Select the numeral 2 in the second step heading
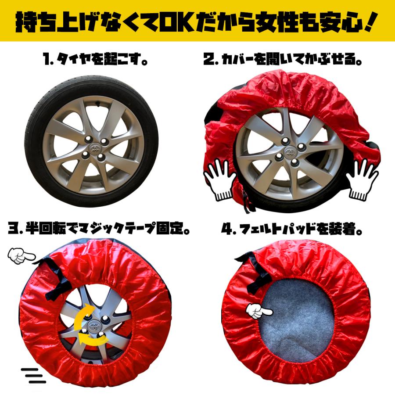coord(209,59)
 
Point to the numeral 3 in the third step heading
coord(13,228)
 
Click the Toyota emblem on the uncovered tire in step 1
coord(95,148)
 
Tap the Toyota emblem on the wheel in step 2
coord(290,151)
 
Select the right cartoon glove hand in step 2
coord(362,180)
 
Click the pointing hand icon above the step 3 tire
coord(21,256)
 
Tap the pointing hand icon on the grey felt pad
coord(259,311)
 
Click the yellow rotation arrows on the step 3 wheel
coord(90,324)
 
